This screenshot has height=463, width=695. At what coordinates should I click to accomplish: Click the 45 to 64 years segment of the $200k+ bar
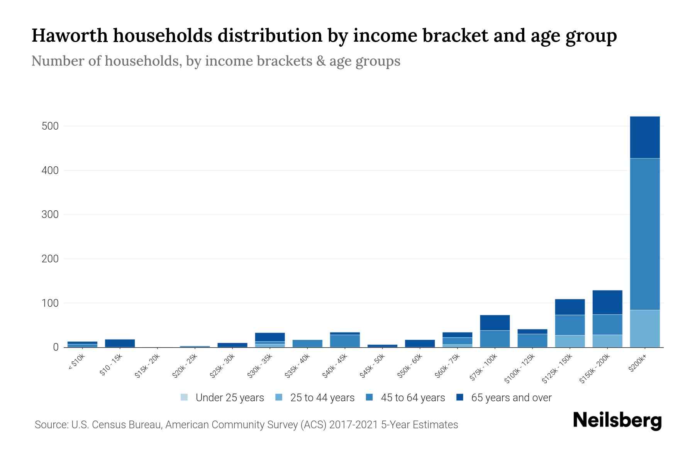click(644, 234)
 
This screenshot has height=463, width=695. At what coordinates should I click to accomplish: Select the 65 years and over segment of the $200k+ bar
click(644, 137)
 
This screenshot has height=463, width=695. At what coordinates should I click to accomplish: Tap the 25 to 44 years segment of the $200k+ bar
click(644, 328)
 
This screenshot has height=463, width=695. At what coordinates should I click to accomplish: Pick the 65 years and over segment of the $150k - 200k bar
click(607, 302)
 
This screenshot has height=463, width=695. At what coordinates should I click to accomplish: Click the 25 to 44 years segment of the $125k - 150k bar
click(570, 341)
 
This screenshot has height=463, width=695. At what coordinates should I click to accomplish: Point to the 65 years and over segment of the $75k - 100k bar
click(495, 323)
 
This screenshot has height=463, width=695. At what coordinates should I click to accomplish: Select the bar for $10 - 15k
click(120, 343)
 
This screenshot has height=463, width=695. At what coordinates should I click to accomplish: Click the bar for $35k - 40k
click(307, 343)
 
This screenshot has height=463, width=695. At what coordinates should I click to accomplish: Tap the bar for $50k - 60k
click(420, 343)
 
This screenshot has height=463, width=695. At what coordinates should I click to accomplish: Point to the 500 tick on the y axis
click(50, 126)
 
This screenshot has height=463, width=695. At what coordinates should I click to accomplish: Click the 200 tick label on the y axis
click(50, 259)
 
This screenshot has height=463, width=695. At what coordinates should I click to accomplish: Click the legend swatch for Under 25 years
click(184, 397)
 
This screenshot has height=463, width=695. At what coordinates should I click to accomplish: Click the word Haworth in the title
click(69, 35)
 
